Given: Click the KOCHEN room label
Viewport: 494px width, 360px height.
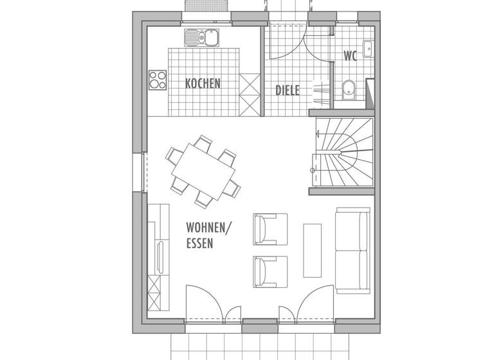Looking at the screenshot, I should (x=203, y=84).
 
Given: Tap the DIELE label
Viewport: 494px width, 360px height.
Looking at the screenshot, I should (x=288, y=91).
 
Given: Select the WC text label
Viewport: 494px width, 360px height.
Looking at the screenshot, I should (x=350, y=55).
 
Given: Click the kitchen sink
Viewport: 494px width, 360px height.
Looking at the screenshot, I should (x=202, y=39).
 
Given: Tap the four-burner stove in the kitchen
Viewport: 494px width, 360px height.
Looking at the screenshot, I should (x=158, y=80).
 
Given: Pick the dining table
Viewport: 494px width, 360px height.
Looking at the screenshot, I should (x=201, y=171).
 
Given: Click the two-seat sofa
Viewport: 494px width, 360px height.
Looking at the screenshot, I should (x=352, y=248).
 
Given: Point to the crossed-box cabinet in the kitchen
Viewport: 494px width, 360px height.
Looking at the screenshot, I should (x=248, y=94).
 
